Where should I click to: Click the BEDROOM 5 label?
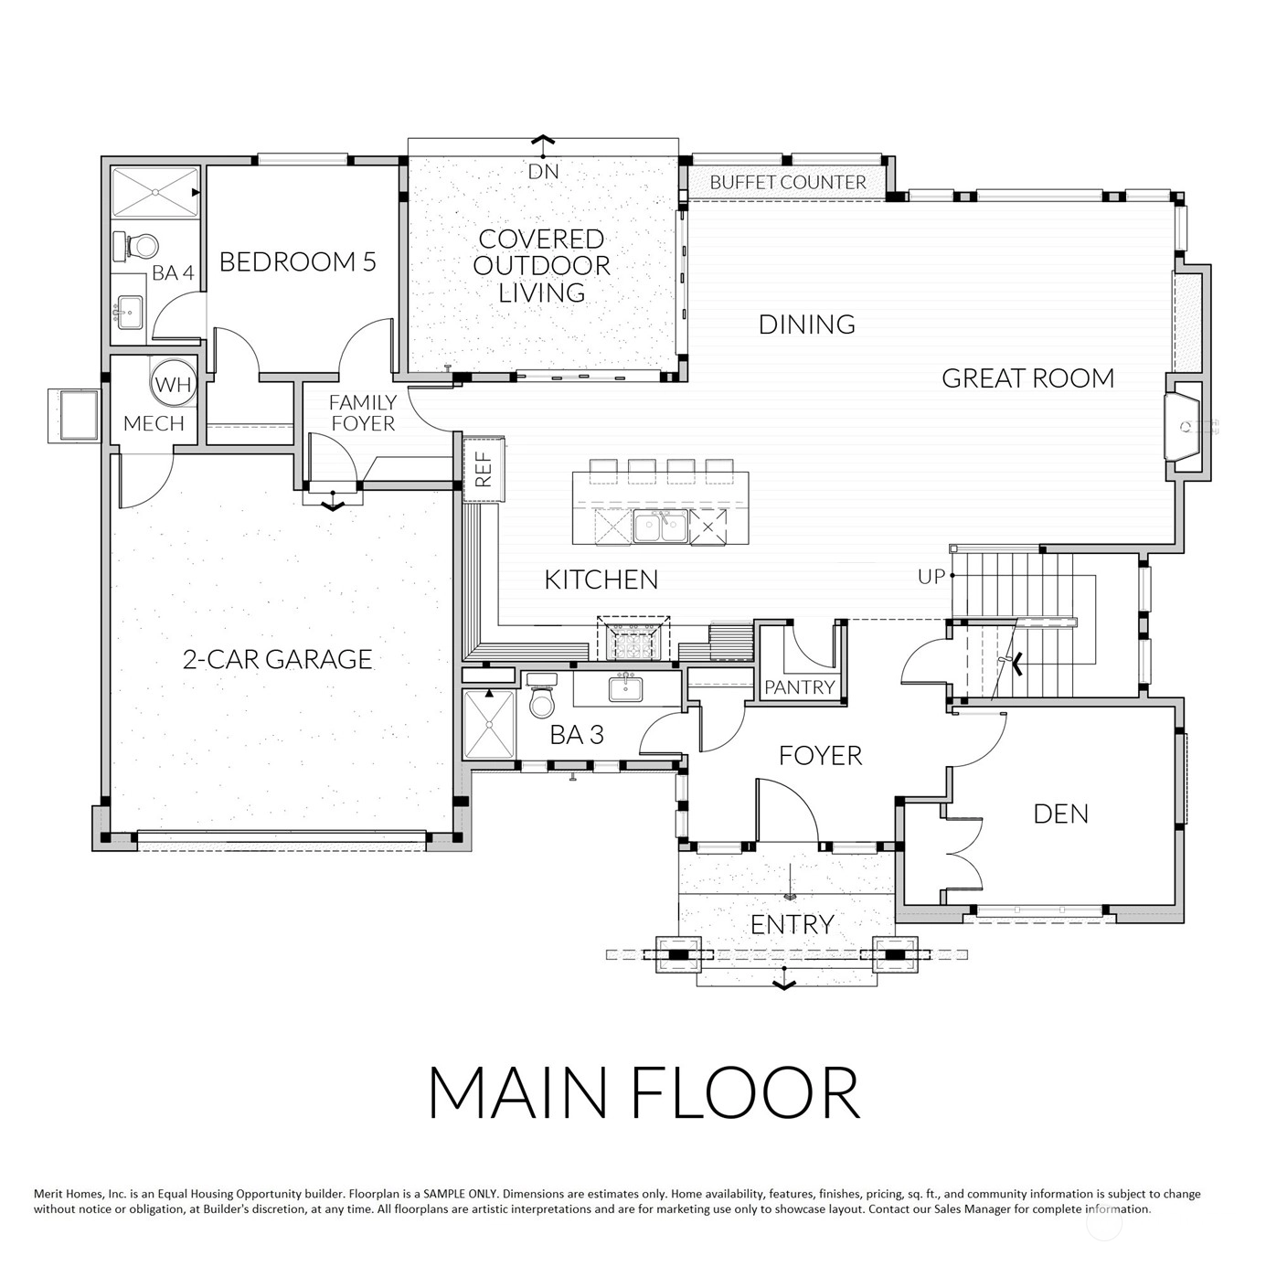pyautogui.click(x=298, y=262)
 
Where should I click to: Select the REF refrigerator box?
pyautogui.click(x=484, y=468)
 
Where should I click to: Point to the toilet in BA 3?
pyautogui.click(x=542, y=700)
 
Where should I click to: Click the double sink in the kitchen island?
pyautogui.click(x=660, y=527)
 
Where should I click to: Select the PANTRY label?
pyautogui.click(x=800, y=687)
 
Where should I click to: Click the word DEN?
pyautogui.click(x=1060, y=814)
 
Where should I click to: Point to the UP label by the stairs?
pyautogui.click(x=931, y=577)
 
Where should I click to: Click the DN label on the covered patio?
pyautogui.click(x=543, y=172)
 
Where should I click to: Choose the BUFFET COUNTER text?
pyautogui.click(x=788, y=182)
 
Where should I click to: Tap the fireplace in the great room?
pyautogui.click(x=1183, y=426)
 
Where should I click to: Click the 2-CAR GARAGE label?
pyautogui.click(x=277, y=659)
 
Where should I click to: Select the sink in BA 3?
pyautogui.click(x=625, y=688)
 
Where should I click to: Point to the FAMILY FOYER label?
pyautogui.click(x=363, y=412)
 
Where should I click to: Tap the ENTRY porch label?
pyautogui.click(x=792, y=925)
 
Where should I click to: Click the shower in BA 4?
pyautogui.click(x=155, y=192)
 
